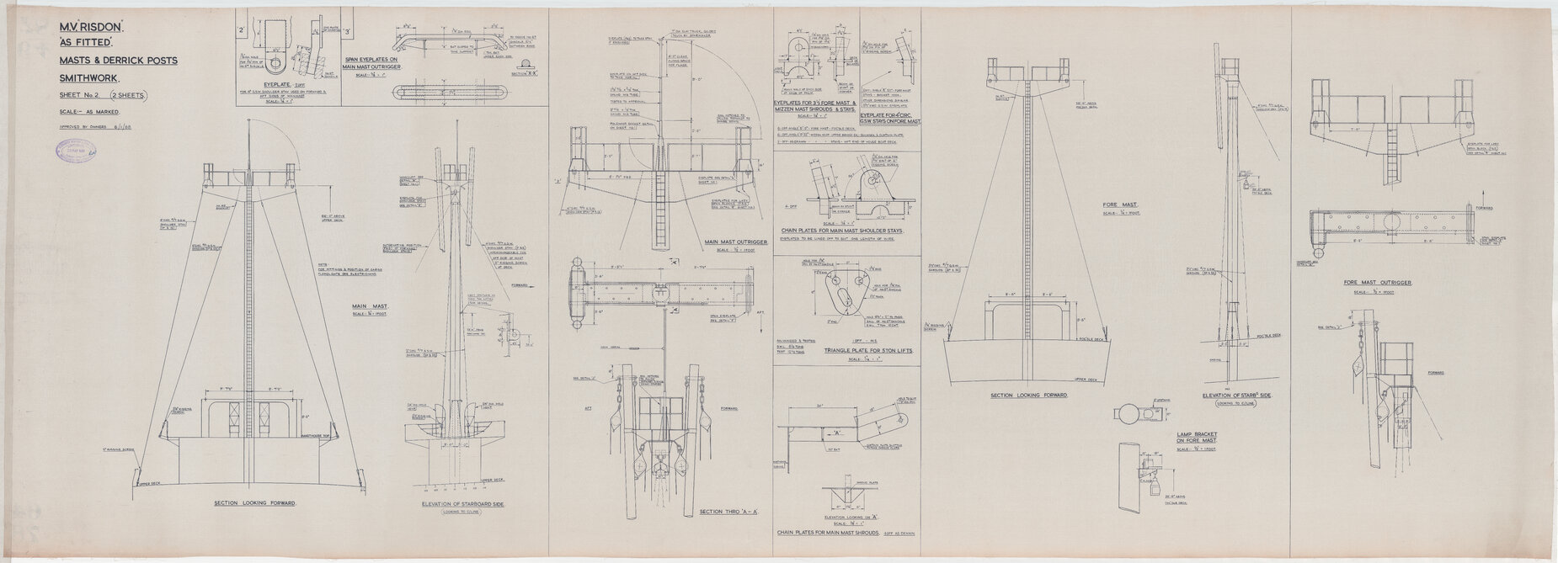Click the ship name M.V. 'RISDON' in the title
pos(93,29)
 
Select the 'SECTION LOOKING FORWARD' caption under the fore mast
pos(1020,396)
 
